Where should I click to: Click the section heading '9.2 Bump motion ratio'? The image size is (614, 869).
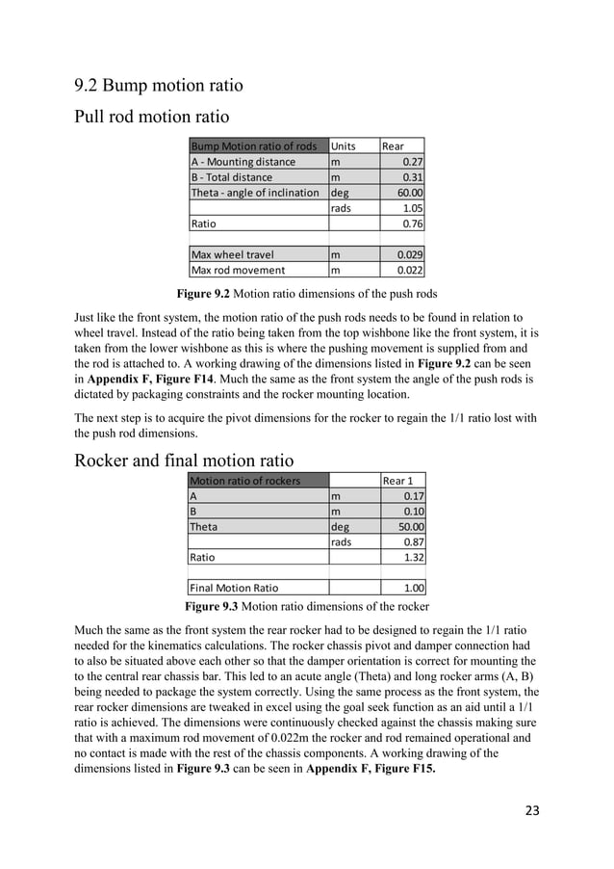point(158,86)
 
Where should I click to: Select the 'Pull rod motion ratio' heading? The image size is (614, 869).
point(151,118)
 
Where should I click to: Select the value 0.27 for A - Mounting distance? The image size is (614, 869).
point(414,162)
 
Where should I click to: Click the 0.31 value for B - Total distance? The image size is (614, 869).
point(414,177)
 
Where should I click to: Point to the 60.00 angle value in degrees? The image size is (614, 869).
point(411,193)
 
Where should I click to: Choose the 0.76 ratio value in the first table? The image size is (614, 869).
point(414,224)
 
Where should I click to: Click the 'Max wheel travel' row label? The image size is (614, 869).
point(232,255)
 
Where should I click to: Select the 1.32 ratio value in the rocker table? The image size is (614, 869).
point(414,558)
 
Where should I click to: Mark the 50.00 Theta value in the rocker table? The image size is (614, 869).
point(411,527)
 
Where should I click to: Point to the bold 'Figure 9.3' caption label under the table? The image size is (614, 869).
point(215,607)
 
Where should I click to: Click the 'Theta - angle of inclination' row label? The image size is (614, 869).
point(255,193)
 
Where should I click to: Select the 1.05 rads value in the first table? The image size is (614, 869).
point(414,208)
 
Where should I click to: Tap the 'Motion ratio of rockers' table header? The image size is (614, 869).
point(245,481)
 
